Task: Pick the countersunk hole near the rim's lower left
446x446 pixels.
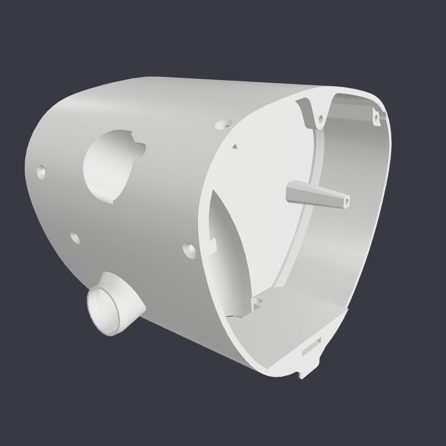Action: (x=190, y=250)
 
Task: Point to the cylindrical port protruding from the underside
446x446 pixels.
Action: (x=114, y=303)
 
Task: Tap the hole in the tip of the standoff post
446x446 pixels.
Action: (x=347, y=201)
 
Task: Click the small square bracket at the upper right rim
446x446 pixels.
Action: (x=377, y=115)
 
